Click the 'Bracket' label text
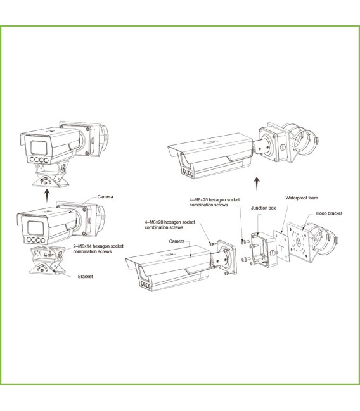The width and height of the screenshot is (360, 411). click(x=86, y=277)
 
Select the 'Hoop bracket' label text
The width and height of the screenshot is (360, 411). click(x=329, y=213)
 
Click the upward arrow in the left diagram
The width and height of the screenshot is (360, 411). click(x=45, y=191)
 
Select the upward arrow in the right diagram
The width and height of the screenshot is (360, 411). click(x=257, y=183)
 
